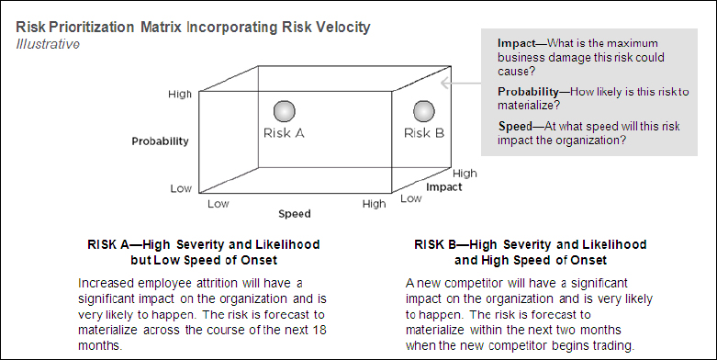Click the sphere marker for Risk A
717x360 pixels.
[286, 111]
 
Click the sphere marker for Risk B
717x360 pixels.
[423, 111]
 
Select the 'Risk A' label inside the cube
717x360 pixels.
[285, 133]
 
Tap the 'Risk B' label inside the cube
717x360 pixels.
[424, 133]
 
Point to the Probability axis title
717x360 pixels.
[159, 141]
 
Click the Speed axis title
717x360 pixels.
[294, 214]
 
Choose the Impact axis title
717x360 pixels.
[443, 186]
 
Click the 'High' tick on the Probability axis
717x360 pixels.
[180, 94]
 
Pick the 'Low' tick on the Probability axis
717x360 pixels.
[181, 188]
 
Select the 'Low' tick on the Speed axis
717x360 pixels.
[218, 203]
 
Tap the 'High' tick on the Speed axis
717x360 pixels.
[374, 203]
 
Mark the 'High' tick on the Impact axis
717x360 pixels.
[465, 173]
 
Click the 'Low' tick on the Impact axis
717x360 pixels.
[411, 198]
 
